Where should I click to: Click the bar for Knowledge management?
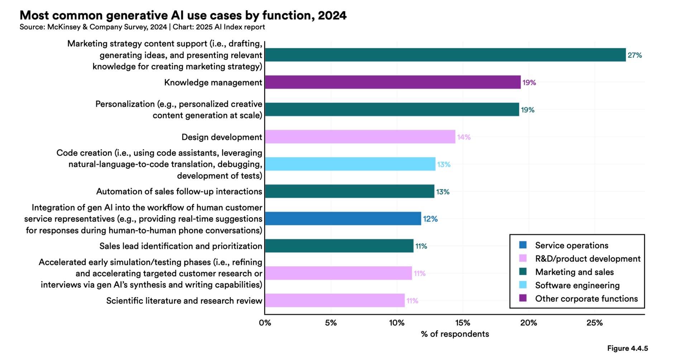point(392,82)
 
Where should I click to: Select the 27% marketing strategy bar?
point(445,55)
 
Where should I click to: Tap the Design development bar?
point(360,137)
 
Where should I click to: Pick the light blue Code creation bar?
point(350,164)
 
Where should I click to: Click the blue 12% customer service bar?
point(343,218)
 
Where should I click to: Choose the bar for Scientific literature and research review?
point(335,300)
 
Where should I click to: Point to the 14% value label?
point(464,137)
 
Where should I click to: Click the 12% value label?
point(430,219)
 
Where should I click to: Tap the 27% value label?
point(635,55)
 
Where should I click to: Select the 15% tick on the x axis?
point(463,323)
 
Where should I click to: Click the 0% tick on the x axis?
point(265,323)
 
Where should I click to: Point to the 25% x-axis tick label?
point(594,323)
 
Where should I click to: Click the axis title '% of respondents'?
point(455,334)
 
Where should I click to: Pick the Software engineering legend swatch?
point(523,285)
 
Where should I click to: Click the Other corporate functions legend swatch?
point(523,298)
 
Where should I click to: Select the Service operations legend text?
point(572,245)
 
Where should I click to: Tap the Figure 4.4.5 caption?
point(627,349)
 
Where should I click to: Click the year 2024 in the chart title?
point(332,15)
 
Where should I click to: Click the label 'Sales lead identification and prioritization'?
point(181,246)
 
